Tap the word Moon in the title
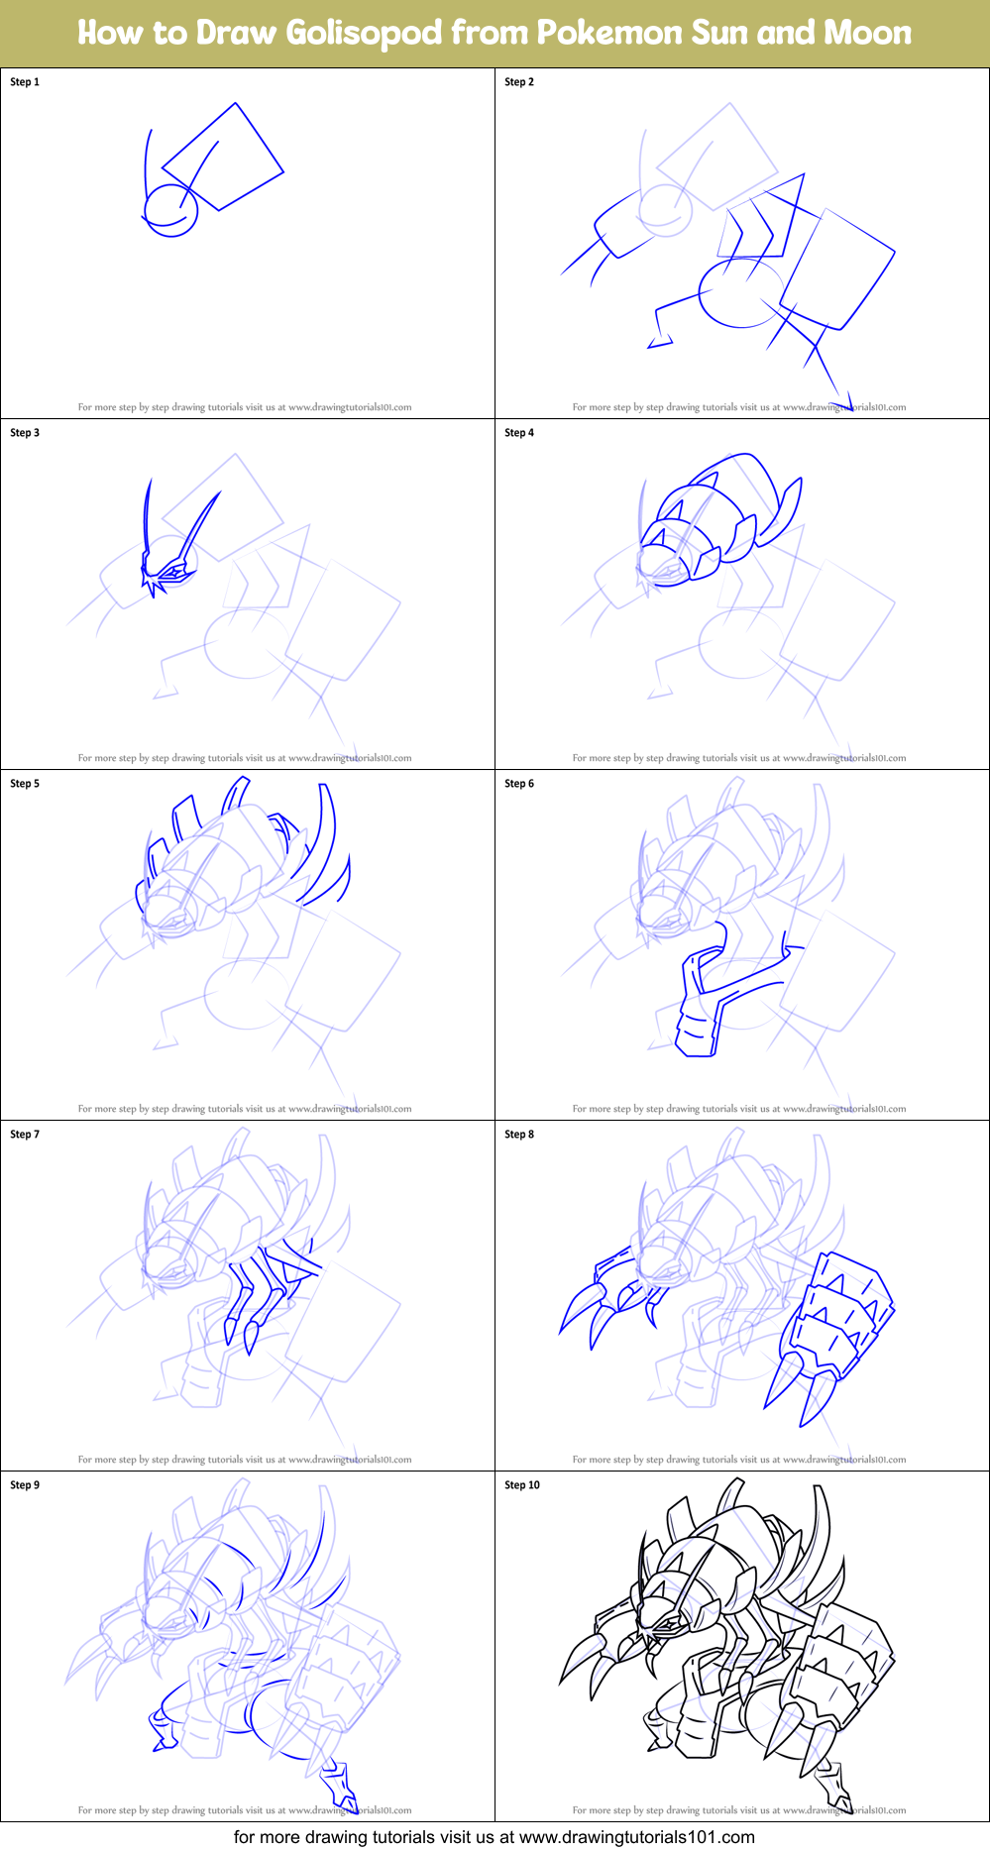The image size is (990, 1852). (x=868, y=33)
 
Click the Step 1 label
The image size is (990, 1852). (x=25, y=82)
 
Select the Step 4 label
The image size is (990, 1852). (x=519, y=433)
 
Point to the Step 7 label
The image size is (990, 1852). (x=25, y=1135)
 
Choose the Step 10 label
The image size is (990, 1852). (x=522, y=1485)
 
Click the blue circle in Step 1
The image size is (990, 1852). (x=171, y=211)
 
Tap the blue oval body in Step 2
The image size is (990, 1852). (x=738, y=293)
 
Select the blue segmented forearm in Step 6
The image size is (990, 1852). (x=697, y=1031)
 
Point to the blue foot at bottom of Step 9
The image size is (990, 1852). (x=341, y=1785)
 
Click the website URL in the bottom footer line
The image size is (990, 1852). (x=636, y=1837)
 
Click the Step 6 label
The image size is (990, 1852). (x=519, y=784)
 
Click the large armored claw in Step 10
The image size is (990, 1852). (x=837, y=1675)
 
